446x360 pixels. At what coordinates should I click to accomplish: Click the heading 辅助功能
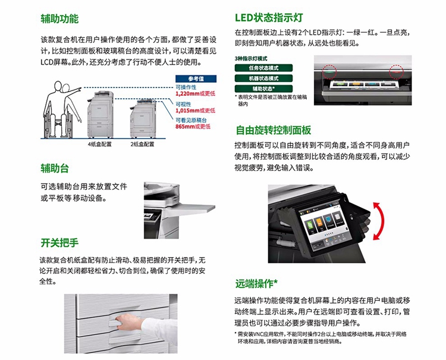coord(59,19)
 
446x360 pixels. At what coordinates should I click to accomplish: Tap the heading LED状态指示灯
coord(269,18)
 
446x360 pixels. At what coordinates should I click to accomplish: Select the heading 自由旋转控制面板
coord(274,130)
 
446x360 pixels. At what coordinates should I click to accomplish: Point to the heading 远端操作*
coord(256,283)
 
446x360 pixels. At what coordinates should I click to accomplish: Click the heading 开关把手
coord(59,243)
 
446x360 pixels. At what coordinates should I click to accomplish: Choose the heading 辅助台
coord(55,168)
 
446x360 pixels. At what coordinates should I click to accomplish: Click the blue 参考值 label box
coord(196,79)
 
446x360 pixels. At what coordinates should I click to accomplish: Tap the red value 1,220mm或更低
coord(195,93)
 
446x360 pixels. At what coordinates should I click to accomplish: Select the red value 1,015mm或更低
coord(195,111)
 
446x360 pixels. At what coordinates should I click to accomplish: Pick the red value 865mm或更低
coord(193,126)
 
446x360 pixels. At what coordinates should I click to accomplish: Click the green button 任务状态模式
coord(263,68)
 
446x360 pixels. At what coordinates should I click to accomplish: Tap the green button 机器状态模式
coord(263,79)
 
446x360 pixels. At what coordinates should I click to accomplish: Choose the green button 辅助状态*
coord(263,89)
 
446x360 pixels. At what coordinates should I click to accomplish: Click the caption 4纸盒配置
coord(99,144)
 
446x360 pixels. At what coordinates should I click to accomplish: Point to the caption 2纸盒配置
coord(142,144)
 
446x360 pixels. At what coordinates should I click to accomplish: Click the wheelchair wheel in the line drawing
coord(49,122)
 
